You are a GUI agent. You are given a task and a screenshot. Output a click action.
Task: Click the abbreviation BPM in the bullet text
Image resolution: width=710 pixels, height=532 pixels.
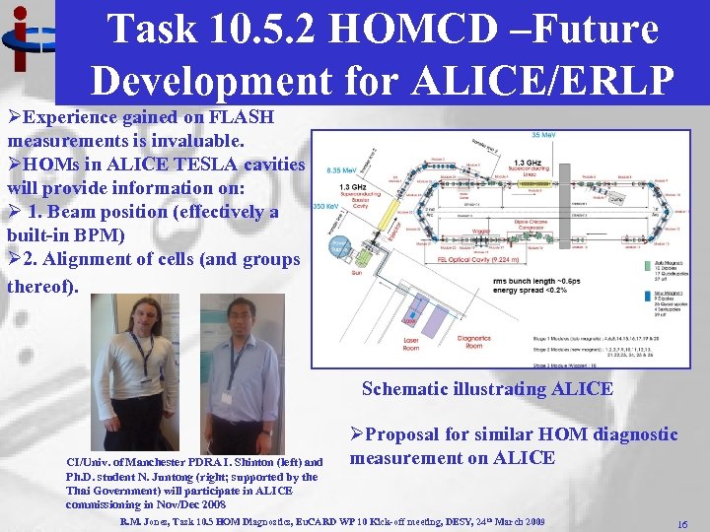(x=119, y=235)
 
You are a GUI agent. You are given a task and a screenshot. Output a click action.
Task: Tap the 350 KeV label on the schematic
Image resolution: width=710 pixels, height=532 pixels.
(x=326, y=206)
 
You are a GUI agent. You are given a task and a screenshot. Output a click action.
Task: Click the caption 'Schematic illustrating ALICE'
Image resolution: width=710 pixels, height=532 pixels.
(x=486, y=388)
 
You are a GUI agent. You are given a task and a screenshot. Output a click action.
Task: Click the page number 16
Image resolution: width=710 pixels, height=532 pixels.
(x=681, y=525)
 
